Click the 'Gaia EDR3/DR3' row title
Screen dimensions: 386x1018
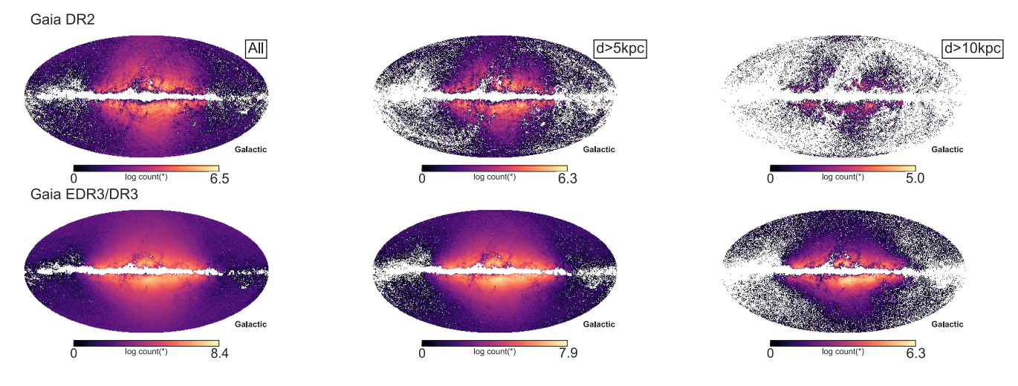click(x=82, y=194)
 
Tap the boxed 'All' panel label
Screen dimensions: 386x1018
click(x=257, y=49)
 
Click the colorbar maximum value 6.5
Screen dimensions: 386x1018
click(x=220, y=179)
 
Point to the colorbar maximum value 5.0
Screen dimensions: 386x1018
click(x=915, y=179)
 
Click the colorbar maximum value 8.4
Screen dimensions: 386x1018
click(x=220, y=353)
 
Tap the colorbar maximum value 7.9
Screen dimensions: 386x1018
click(x=568, y=353)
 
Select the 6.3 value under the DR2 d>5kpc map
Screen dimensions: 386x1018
click(x=568, y=179)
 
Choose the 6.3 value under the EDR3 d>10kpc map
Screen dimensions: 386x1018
click(x=915, y=353)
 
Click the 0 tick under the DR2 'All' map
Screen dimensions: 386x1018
click(x=74, y=179)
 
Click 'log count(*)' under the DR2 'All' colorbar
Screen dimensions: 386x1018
click(x=146, y=177)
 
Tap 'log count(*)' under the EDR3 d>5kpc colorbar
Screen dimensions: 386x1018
click(x=494, y=351)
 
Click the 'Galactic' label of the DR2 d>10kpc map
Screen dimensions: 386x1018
click(x=947, y=150)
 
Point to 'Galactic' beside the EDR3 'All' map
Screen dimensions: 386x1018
click(x=250, y=324)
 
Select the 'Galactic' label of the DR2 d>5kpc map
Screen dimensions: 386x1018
click(x=599, y=150)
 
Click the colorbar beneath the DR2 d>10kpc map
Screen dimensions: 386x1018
click(x=843, y=168)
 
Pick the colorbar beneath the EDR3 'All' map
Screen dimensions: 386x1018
click(x=146, y=342)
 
